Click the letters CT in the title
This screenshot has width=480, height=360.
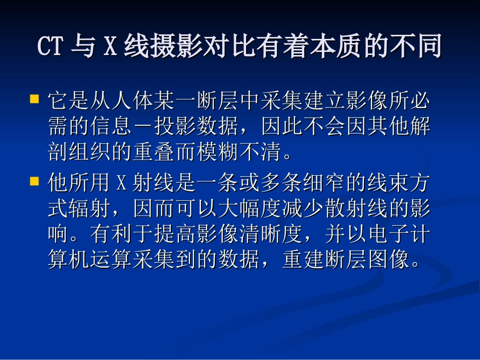click(50, 47)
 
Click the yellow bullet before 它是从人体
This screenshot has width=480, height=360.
click(34, 98)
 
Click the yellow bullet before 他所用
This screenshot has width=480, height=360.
click(34, 180)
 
